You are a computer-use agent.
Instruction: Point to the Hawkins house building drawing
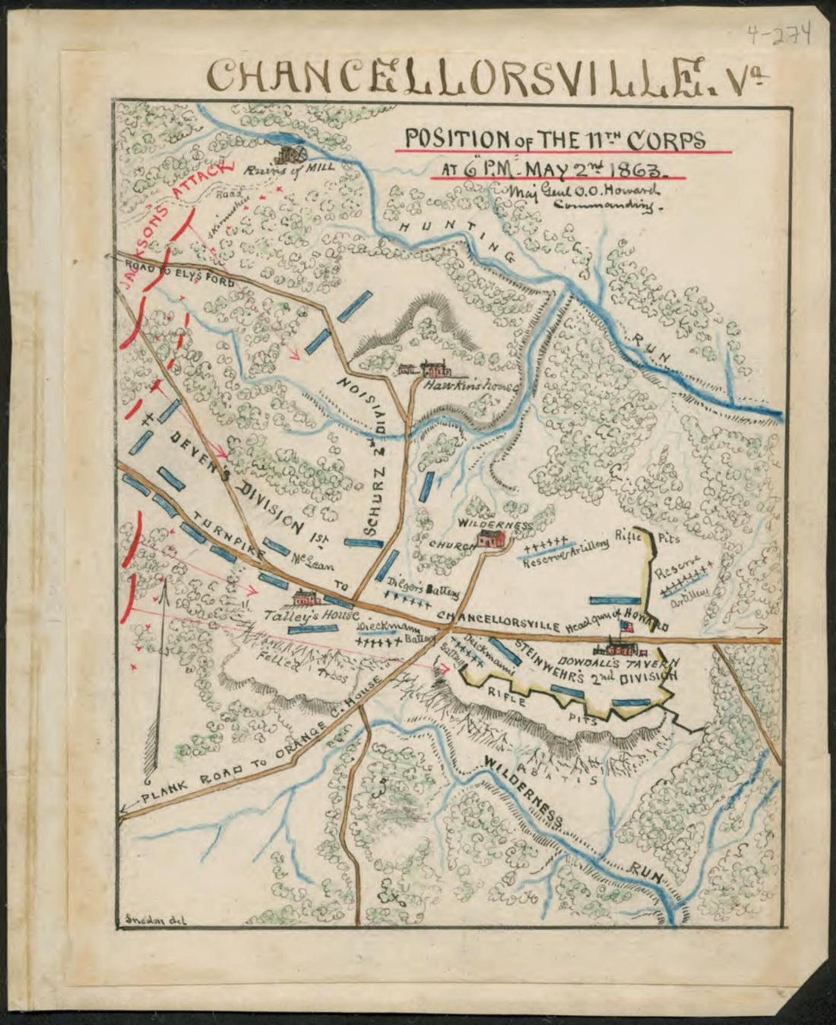coord(429,370)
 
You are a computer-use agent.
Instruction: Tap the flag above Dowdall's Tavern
coord(626,627)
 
